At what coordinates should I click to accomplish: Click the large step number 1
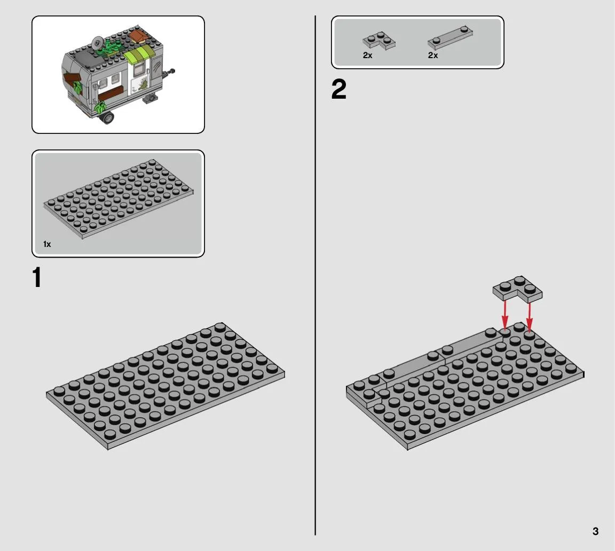click(37, 277)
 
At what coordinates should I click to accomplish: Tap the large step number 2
click(339, 89)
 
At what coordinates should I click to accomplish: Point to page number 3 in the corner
click(595, 531)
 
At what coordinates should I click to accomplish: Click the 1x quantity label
click(47, 244)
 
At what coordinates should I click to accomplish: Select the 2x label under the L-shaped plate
click(367, 55)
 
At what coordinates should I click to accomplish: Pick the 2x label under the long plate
click(433, 55)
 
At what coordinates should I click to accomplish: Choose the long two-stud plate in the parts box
click(450, 37)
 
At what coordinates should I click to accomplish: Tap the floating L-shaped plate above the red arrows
click(518, 289)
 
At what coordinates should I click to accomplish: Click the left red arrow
click(505, 314)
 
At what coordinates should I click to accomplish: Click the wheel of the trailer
click(107, 117)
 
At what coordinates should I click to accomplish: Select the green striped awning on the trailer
click(139, 54)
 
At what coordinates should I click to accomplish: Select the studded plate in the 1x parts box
click(118, 198)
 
